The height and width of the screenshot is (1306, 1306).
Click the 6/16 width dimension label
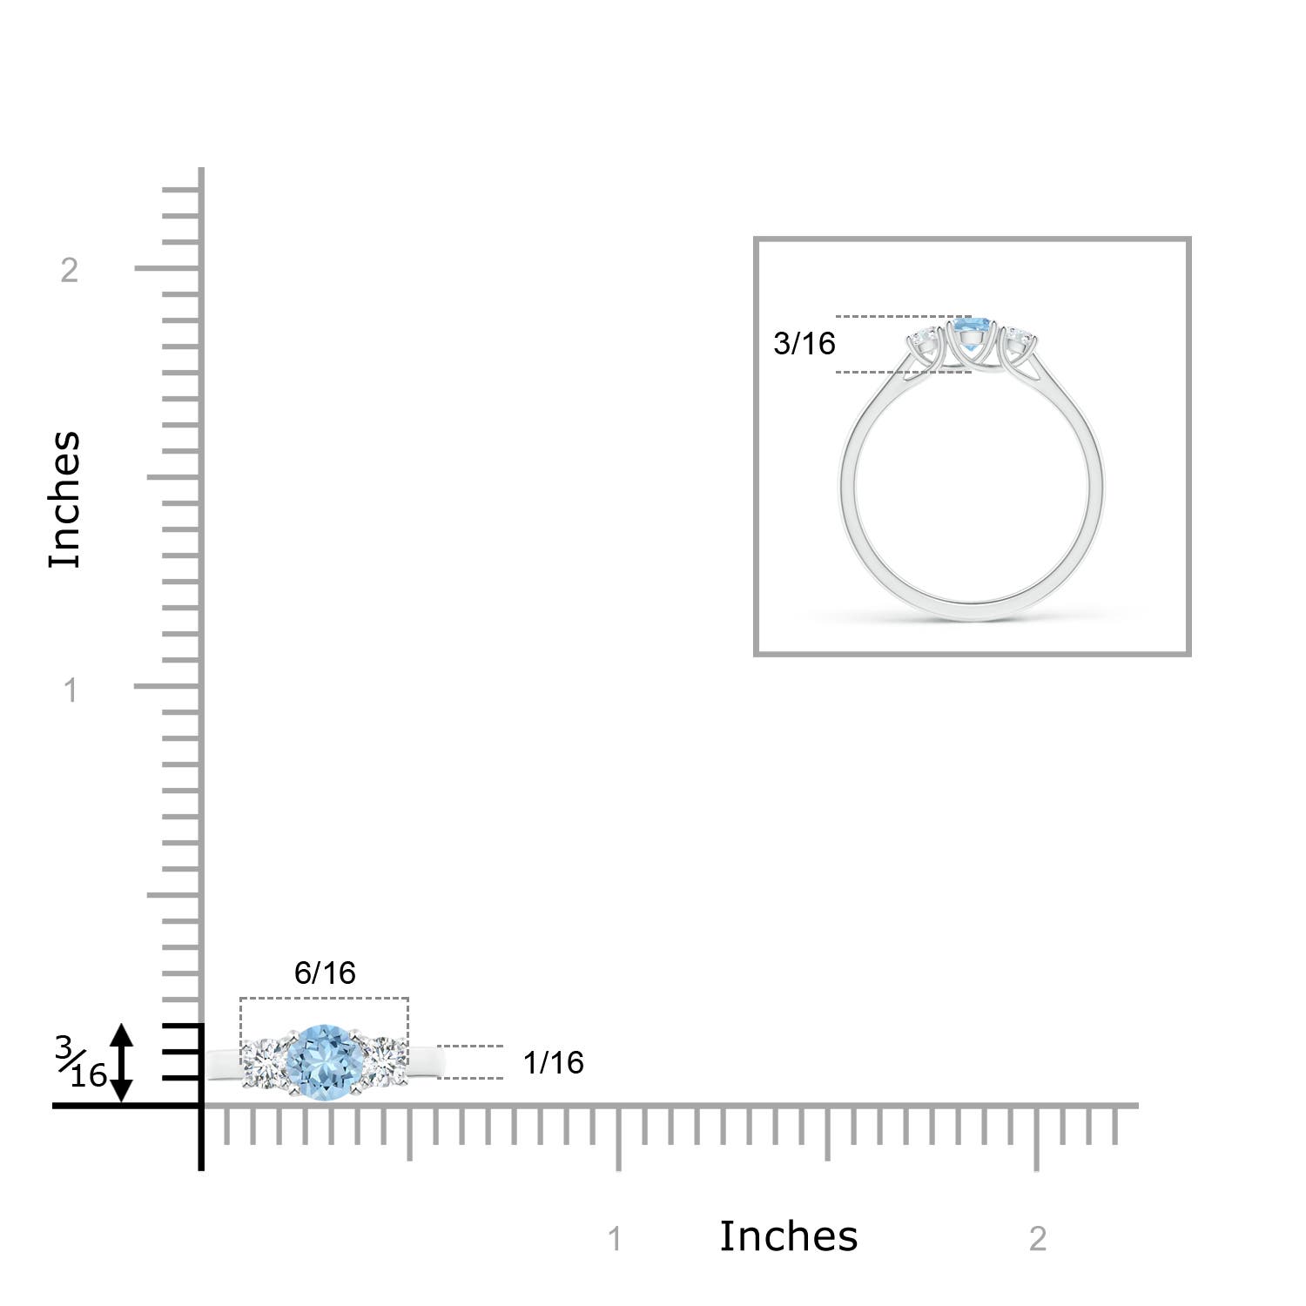(325, 973)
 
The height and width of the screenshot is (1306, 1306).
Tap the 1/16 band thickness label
(554, 1062)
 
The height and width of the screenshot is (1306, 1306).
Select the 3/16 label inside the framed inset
(804, 344)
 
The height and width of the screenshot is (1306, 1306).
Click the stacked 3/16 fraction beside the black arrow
(82, 1062)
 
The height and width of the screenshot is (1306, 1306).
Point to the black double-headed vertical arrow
(121, 1063)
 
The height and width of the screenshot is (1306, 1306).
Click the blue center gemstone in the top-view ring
(324, 1062)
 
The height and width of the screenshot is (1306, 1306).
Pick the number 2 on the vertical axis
(70, 270)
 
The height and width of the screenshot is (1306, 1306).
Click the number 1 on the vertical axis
(71, 690)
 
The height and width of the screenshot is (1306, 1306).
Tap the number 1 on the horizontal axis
(616, 1238)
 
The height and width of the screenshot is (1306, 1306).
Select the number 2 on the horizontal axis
(1037, 1238)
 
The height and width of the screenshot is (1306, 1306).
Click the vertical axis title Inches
(64, 500)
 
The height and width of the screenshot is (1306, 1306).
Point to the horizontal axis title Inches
(788, 1236)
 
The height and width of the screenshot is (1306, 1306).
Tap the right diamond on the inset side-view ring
(1015, 338)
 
